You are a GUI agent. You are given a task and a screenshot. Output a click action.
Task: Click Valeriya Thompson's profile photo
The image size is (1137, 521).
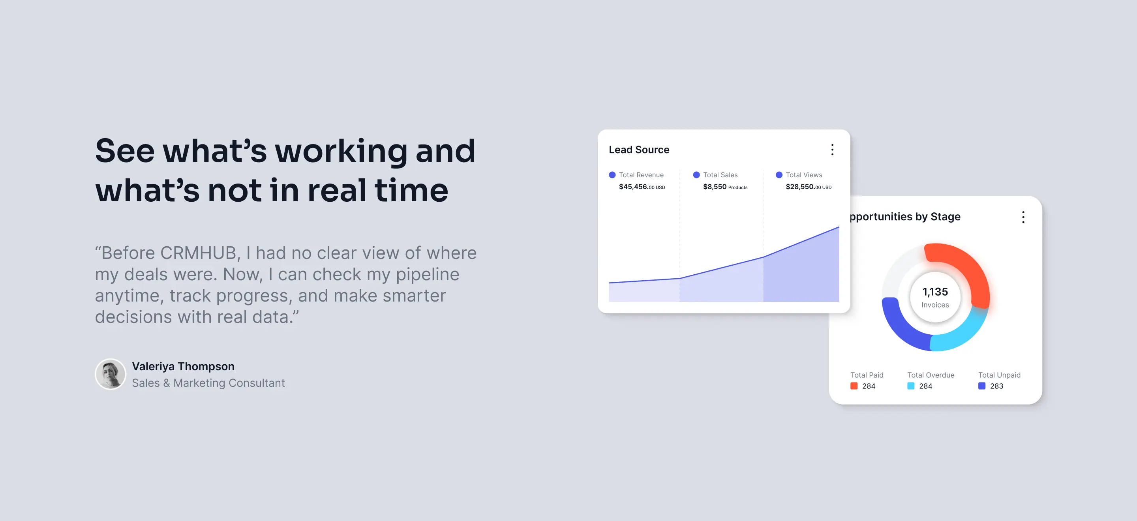111,374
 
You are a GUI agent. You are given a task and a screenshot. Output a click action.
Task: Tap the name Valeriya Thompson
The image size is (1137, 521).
183,366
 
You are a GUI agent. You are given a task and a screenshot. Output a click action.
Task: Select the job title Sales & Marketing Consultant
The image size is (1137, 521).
208,383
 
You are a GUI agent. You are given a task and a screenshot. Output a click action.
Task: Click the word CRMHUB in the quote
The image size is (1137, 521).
198,253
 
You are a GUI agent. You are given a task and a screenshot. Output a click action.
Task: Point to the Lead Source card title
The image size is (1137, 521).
639,150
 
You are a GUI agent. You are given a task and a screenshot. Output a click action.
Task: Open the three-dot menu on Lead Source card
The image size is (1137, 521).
832,150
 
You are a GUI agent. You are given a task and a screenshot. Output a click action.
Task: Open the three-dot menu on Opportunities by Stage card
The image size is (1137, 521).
1023,217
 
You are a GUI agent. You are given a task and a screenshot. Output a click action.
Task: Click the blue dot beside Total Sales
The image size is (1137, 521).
696,175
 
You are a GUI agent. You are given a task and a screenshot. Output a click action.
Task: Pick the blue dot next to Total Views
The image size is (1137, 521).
779,175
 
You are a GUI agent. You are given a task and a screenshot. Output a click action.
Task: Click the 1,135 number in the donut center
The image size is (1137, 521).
935,292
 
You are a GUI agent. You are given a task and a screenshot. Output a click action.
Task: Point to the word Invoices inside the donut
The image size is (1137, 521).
935,305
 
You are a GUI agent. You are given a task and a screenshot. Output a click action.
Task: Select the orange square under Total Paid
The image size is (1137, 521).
854,386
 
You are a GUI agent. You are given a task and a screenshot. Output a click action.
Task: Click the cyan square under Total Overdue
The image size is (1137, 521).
910,386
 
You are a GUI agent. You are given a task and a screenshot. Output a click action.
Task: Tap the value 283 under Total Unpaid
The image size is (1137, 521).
996,386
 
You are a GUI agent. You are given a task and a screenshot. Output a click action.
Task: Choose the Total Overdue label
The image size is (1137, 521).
931,375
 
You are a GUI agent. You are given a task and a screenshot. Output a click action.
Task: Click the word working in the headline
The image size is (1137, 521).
341,151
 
